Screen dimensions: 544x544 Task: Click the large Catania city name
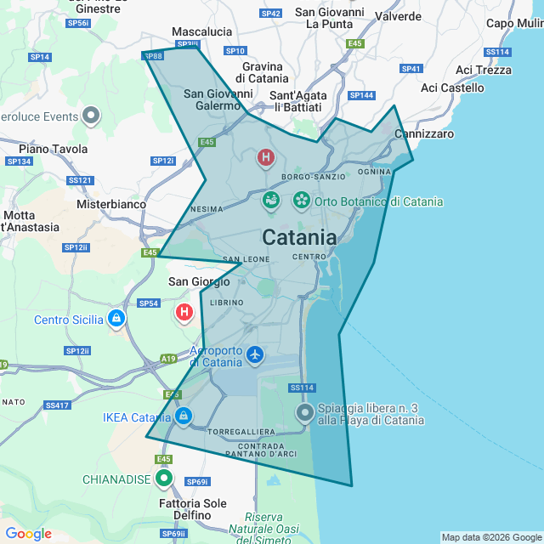pos(299,236)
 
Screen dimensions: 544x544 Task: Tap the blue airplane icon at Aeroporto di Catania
pos(255,354)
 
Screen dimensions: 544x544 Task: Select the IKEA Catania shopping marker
pos(183,416)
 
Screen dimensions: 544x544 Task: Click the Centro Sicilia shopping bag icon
pos(116,319)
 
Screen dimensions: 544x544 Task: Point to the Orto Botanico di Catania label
pos(378,201)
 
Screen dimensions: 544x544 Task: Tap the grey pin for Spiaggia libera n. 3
pos(305,413)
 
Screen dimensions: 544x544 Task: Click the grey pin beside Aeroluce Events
pos(93,116)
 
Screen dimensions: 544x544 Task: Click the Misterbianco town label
pos(111,204)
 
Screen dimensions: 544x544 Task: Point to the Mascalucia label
pos(201,31)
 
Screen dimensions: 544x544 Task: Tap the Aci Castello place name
pos(452,88)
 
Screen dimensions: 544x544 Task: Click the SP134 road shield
pos(19,161)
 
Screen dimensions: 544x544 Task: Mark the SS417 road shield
pos(58,405)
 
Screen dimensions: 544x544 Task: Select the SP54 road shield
pos(148,303)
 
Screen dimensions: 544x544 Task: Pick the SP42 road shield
pos(271,14)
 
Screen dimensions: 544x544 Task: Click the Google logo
pos(28,534)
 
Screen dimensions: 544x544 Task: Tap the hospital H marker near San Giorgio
pos(184,313)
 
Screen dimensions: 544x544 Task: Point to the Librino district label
pos(226,303)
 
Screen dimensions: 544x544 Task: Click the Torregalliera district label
pos(241,432)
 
